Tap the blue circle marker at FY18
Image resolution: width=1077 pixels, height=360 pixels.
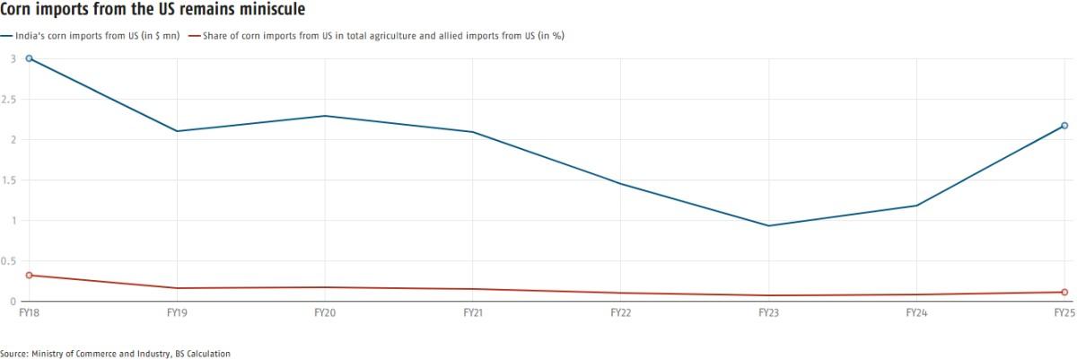click(30, 58)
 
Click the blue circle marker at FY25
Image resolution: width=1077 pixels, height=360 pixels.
click(1064, 126)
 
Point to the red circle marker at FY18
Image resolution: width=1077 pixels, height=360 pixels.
click(30, 275)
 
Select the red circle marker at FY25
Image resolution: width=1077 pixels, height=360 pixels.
click(1064, 292)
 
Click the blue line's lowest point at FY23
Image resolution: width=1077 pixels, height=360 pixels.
click(769, 225)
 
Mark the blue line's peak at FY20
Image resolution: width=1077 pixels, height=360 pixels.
click(325, 116)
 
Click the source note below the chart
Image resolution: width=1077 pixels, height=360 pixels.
click(115, 354)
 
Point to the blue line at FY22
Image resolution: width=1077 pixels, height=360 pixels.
click(621, 183)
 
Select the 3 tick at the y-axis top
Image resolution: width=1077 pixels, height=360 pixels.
click(13, 58)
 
